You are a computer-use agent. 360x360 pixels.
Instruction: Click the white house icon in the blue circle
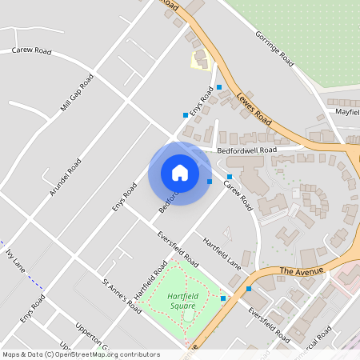(x=179, y=173)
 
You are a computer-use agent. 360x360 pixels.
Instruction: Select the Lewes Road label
(x=254, y=107)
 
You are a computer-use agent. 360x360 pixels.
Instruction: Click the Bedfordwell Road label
(x=246, y=150)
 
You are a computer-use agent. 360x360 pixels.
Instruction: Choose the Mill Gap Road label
(x=77, y=92)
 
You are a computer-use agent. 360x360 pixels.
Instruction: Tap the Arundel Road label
(x=66, y=177)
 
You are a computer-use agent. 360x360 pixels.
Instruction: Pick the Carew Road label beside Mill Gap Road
(x=31, y=51)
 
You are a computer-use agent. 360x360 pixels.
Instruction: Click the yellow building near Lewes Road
(x=199, y=58)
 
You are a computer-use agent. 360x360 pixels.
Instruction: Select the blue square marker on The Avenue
(x=249, y=288)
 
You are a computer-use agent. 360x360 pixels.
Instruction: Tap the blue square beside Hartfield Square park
(x=223, y=298)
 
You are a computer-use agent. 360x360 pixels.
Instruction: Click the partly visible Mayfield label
(x=347, y=113)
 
